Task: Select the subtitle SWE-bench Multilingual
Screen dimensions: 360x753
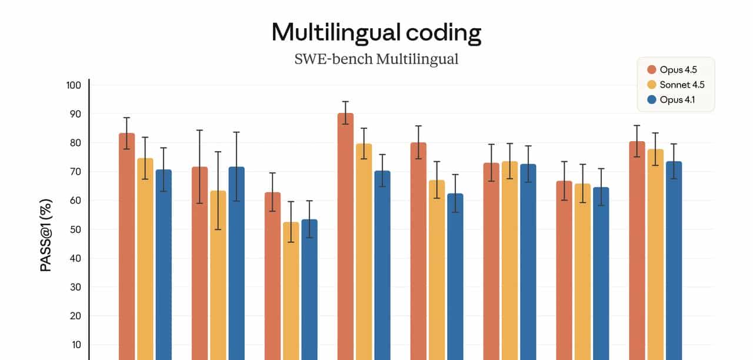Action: pos(376,59)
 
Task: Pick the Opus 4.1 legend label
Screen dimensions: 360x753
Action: pos(677,99)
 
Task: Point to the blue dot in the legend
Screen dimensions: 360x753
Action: pos(651,99)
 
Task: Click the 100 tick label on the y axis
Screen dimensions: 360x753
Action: pos(73,85)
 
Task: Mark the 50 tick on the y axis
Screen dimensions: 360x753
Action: pos(75,229)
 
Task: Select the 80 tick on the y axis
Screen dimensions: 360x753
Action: pos(75,143)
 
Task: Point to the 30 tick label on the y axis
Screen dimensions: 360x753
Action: pos(75,287)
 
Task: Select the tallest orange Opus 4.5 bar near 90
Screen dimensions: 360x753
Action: pos(345,235)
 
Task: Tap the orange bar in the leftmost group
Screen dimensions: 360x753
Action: pos(126,247)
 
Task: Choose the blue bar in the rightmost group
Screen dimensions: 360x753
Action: pos(674,259)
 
